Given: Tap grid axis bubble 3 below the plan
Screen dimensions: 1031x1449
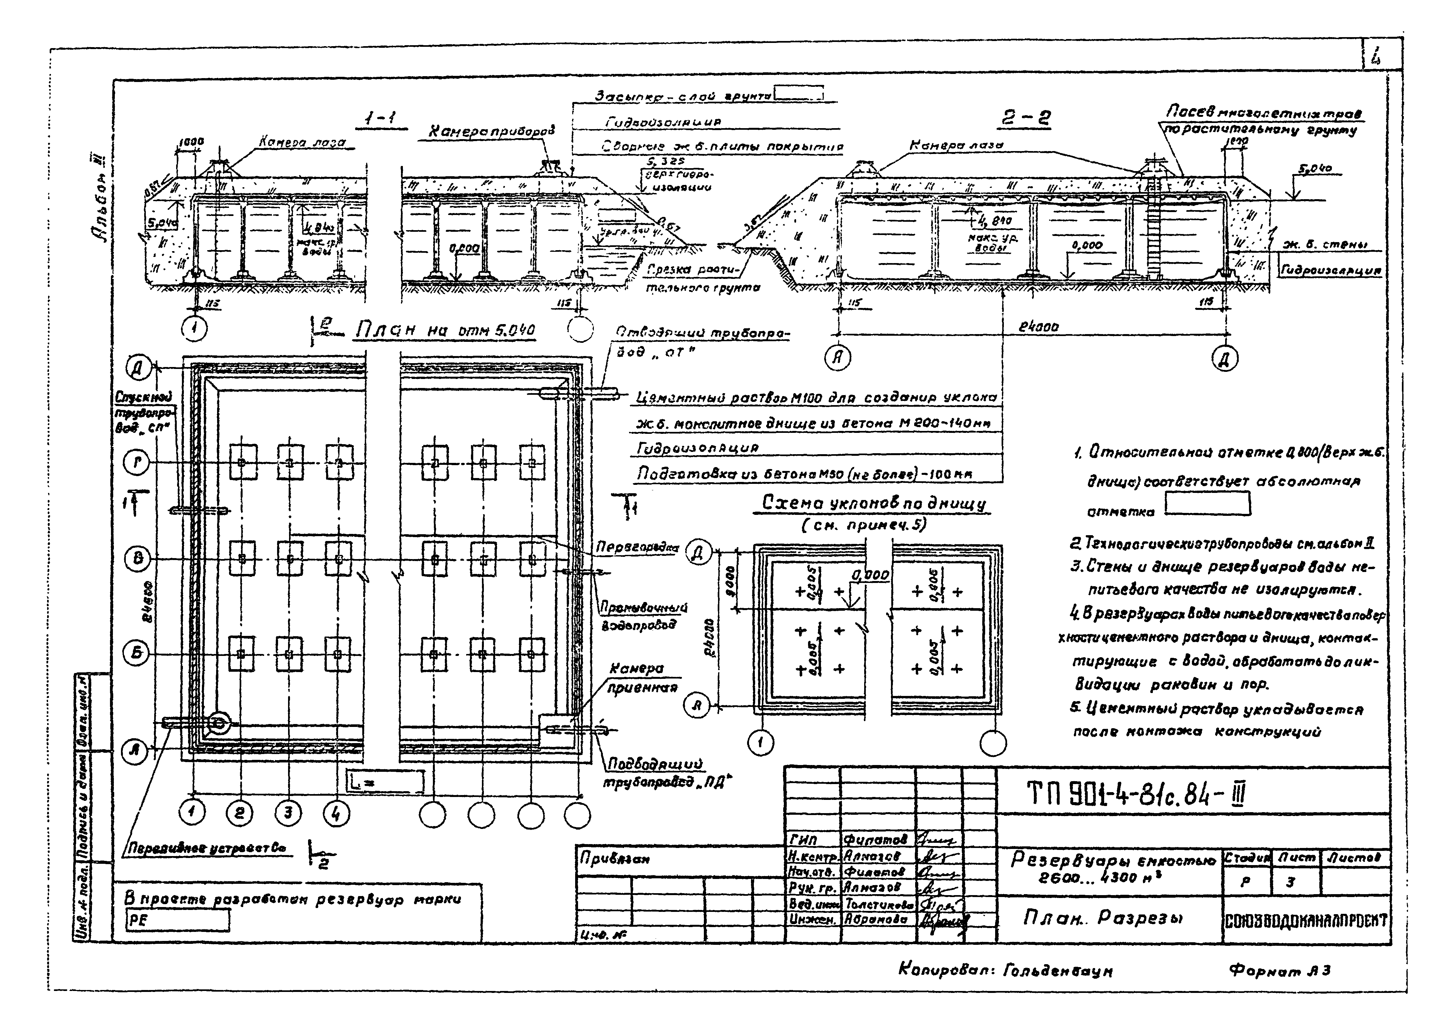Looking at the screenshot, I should point(288,814).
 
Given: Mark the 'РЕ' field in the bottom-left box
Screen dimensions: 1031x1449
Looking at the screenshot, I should point(178,920).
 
